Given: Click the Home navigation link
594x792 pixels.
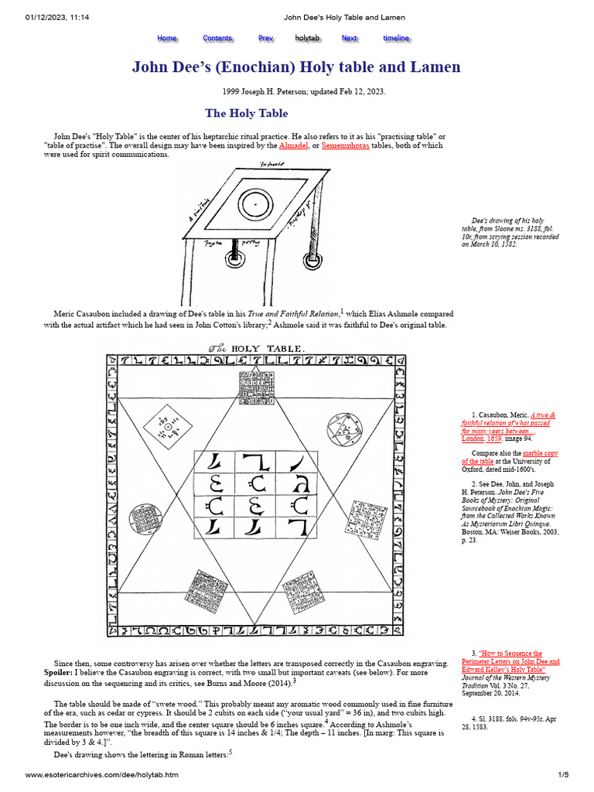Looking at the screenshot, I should pyautogui.click(x=167, y=38).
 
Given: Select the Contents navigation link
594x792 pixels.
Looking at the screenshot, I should pyautogui.click(x=217, y=38).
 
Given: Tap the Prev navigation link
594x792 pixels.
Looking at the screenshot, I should pyautogui.click(x=266, y=38).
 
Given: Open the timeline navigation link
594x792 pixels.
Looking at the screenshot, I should pyautogui.click(x=396, y=38).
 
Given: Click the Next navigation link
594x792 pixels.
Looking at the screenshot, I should pyautogui.click(x=350, y=38).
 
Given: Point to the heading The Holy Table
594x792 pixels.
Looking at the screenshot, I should pyautogui.click(x=246, y=114).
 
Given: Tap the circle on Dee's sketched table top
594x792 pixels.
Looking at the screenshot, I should pyautogui.click(x=252, y=205).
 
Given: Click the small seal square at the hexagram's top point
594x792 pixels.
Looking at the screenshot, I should pyautogui.click(x=254, y=384).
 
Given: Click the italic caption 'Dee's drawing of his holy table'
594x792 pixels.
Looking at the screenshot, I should pyautogui.click(x=514, y=233).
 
